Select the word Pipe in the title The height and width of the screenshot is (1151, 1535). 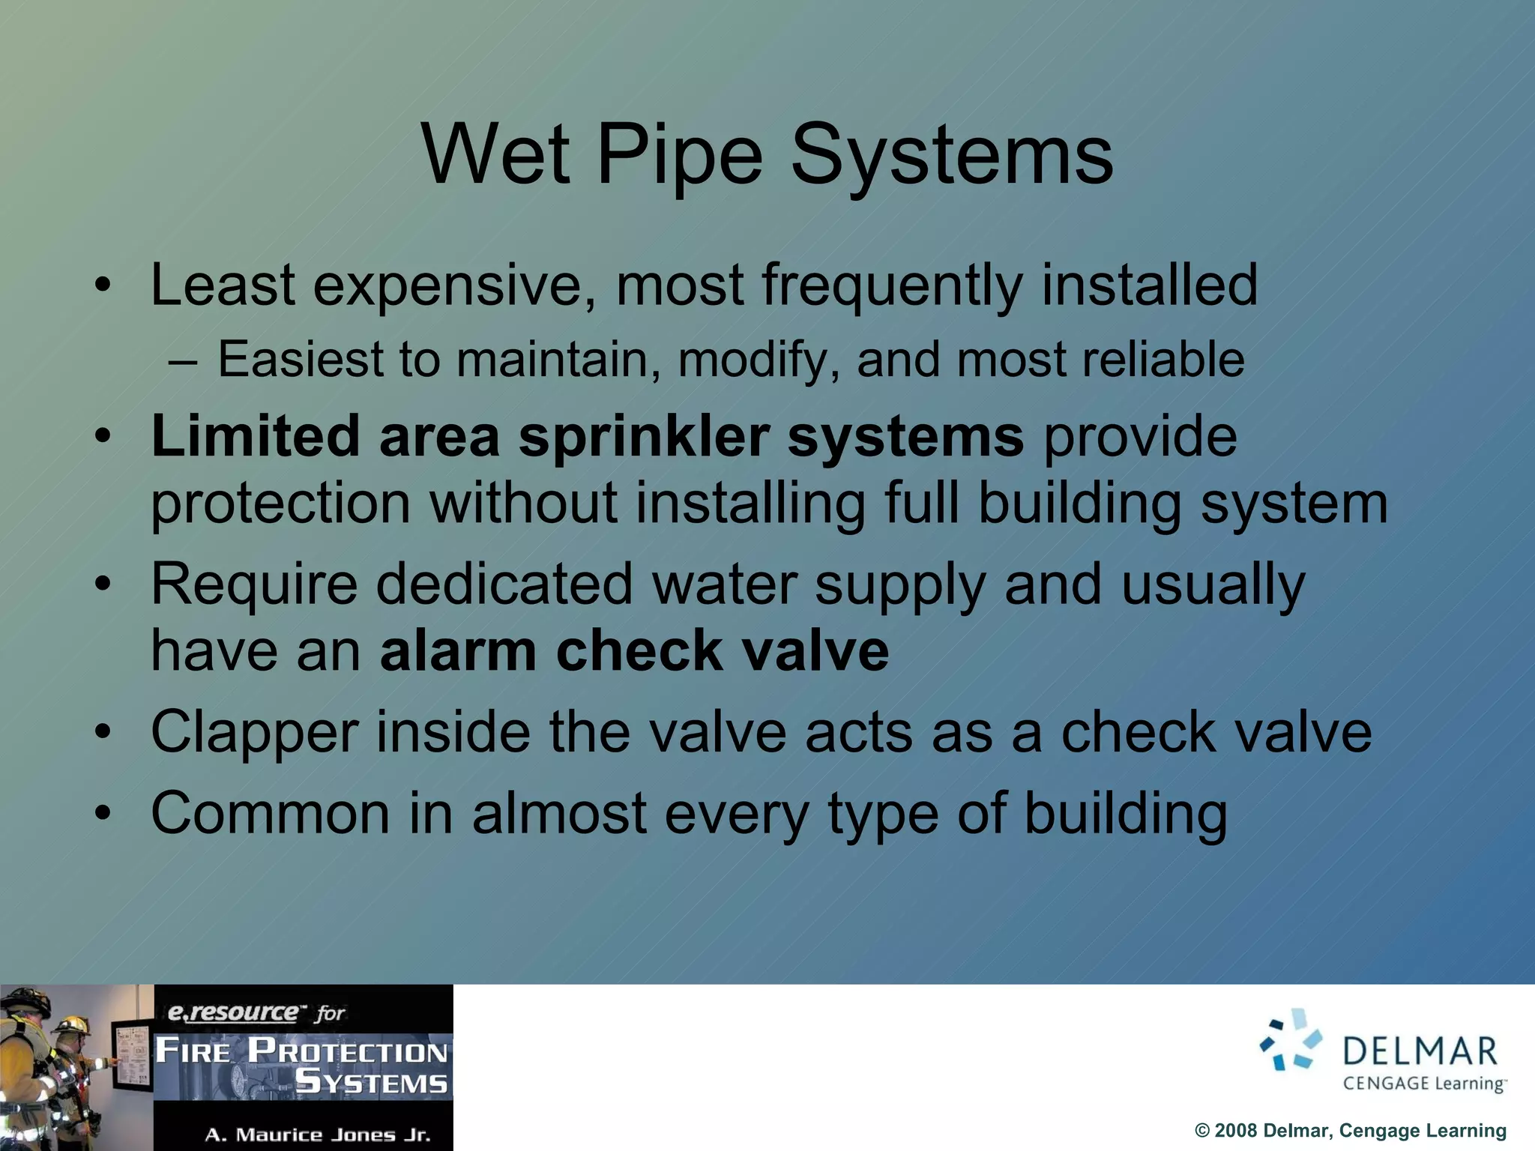(x=679, y=155)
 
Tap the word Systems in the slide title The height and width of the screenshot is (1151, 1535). (x=952, y=155)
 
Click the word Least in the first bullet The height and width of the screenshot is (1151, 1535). (x=223, y=286)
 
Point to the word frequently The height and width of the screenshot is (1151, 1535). (x=892, y=286)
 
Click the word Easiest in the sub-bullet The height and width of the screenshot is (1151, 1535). (x=300, y=360)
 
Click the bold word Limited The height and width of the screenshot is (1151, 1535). (x=255, y=436)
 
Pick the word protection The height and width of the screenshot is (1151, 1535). (x=280, y=504)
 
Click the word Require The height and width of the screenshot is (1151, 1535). (x=254, y=584)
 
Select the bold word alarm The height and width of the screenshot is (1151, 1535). (x=458, y=650)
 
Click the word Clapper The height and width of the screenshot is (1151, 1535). (x=254, y=733)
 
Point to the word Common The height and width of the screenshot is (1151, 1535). (x=270, y=814)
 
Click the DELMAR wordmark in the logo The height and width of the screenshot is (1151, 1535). (x=1420, y=1052)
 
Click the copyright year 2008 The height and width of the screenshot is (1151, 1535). (x=1235, y=1131)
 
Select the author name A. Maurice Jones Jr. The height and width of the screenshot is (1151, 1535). (x=318, y=1135)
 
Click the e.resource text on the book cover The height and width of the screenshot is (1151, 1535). (x=232, y=1013)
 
